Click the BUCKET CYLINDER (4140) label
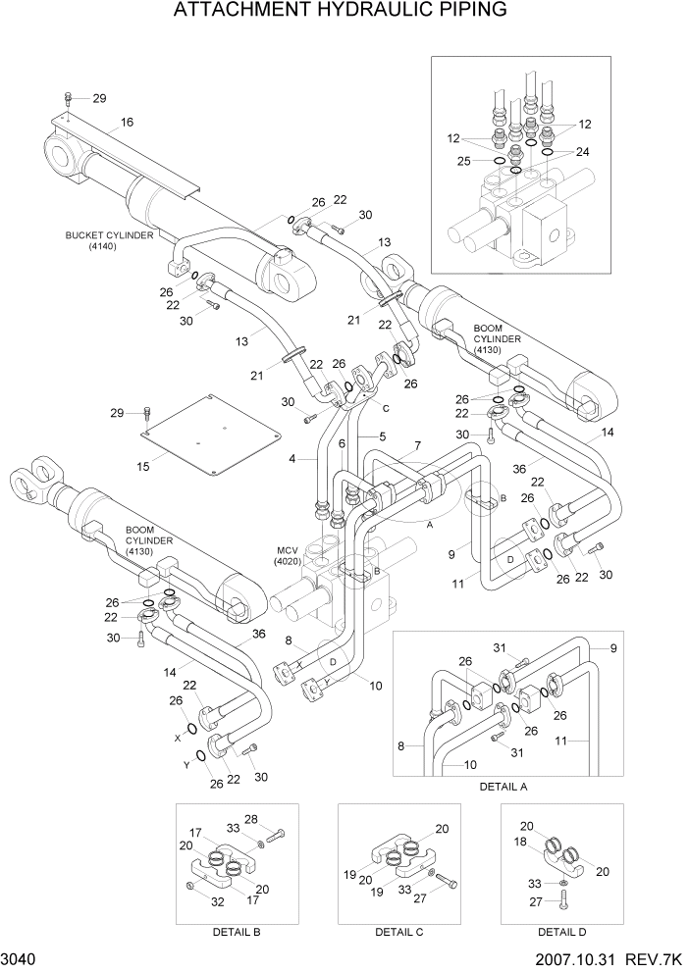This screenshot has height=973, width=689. tap(100, 241)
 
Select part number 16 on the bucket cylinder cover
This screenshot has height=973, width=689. tap(127, 123)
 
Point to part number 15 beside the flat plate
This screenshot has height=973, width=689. tap(143, 467)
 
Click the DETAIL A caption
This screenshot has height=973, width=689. tap(503, 787)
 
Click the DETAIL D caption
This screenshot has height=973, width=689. tap(556, 932)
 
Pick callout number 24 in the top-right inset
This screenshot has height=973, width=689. tap(582, 152)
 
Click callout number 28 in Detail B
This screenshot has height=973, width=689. tap(278, 819)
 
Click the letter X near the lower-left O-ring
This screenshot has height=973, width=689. tap(178, 737)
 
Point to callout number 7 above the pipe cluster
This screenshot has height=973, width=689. tap(417, 446)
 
